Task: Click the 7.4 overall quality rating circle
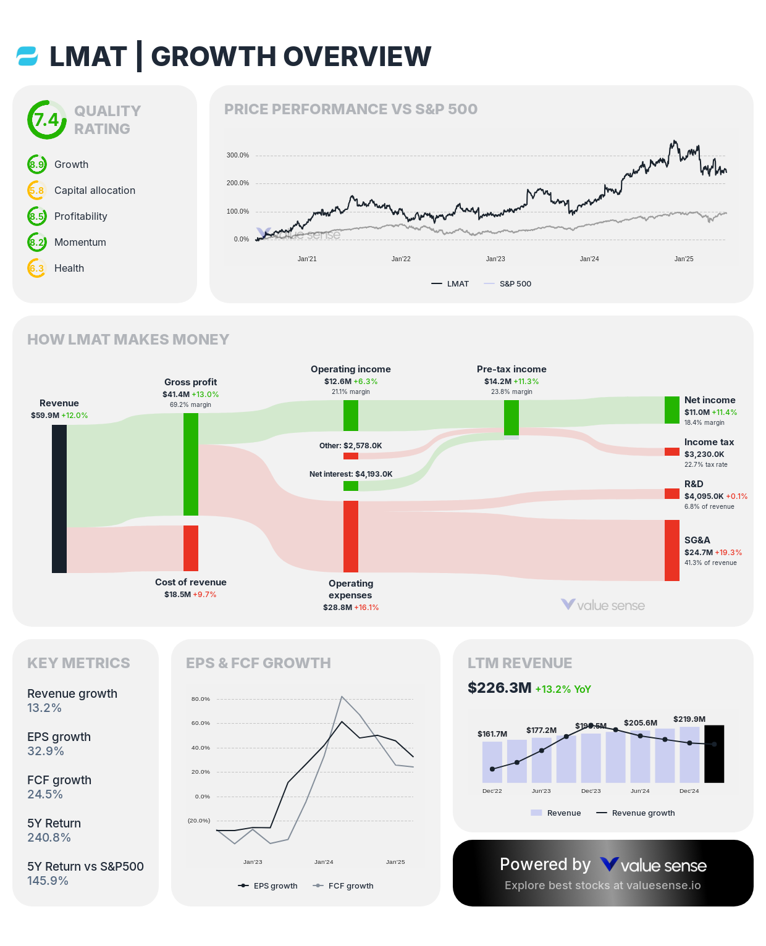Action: [x=46, y=120]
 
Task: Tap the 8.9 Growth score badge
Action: [x=37, y=164]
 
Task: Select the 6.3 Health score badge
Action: [x=37, y=268]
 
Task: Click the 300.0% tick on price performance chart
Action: [x=238, y=156]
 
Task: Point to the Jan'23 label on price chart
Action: [x=495, y=259]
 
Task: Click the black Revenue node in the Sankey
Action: [x=59, y=499]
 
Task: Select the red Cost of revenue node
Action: [x=191, y=548]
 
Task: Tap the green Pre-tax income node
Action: [x=511, y=417]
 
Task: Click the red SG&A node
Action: [x=672, y=550]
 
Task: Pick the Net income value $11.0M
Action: [x=697, y=412]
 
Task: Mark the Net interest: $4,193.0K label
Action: [x=351, y=474]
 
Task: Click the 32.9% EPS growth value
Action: [x=46, y=751]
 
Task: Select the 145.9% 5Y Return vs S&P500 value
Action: [x=48, y=881]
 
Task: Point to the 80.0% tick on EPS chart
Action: [x=201, y=699]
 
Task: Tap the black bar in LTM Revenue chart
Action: [x=714, y=754]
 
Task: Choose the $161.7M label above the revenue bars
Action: [x=492, y=734]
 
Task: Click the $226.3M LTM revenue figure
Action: [x=499, y=688]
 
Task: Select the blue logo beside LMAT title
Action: [x=27, y=56]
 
